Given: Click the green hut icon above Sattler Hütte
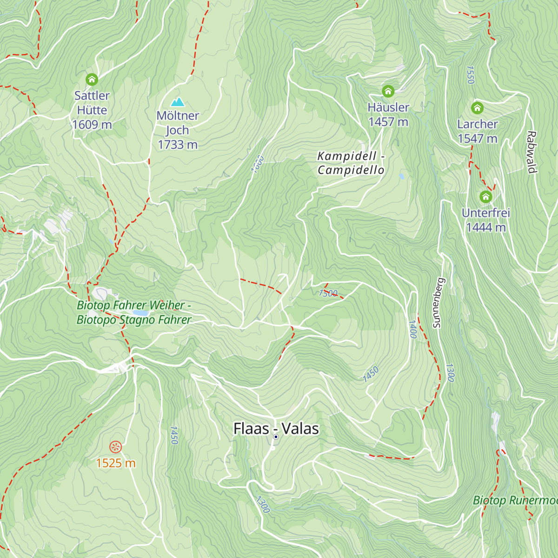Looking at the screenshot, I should [x=92, y=80].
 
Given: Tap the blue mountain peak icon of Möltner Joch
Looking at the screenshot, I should [x=177, y=102].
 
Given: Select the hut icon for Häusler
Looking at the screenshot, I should [x=388, y=91].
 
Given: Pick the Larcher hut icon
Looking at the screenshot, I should [x=477, y=108].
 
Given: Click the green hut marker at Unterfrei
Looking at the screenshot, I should [x=485, y=197].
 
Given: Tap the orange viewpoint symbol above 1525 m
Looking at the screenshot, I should [x=115, y=447].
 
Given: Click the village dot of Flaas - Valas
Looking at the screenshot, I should [x=276, y=437].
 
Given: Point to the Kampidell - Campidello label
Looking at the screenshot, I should [x=351, y=163].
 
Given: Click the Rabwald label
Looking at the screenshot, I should [x=531, y=152].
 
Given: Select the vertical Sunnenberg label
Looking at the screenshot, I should [x=438, y=303].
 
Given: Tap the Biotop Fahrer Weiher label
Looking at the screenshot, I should [x=134, y=312].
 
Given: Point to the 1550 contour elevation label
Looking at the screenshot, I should [x=470, y=75].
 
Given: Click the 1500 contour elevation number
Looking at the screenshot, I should [x=328, y=293].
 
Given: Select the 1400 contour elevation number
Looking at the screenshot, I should [x=412, y=329].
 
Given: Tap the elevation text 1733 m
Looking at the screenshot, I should [x=178, y=145].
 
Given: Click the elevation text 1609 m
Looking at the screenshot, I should [x=92, y=125].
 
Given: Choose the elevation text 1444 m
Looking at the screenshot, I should [x=485, y=227].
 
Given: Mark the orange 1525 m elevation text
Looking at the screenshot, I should [x=116, y=463].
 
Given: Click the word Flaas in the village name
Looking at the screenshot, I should [x=251, y=429].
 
